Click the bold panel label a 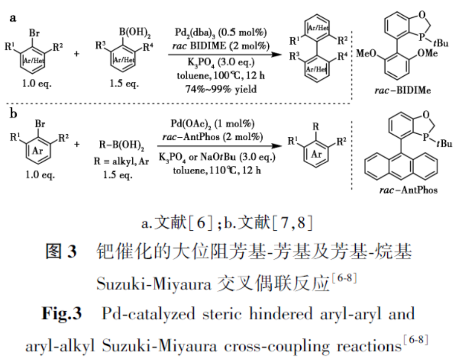[x=13, y=18]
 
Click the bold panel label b [x=13, y=113]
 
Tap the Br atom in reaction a [x=34, y=33]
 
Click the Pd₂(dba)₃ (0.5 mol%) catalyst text [x=220, y=33]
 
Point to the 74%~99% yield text [x=221, y=89]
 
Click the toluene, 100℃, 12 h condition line [x=221, y=76]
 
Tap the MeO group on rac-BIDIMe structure [x=366, y=53]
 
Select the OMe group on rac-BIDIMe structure [x=427, y=53]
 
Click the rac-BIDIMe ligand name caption [x=403, y=90]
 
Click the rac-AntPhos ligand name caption [x=408, y=190]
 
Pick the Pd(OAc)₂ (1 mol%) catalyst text [x=213, y=124]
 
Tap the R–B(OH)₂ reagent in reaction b [x=121, y=145]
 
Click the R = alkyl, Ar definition [x=121, y=161]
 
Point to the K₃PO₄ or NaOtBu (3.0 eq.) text [x=217, y=157]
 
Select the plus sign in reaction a [x=76, y=54]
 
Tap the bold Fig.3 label [x=62, y=314]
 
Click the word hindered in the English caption [x=281, y=314]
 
